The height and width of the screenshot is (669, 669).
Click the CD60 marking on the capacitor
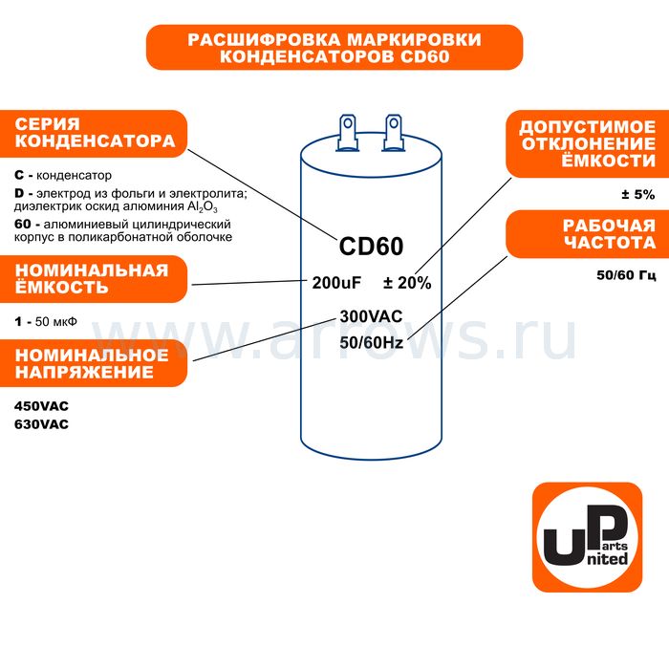click(371, 247)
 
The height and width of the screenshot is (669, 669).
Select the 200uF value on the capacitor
click(336, 283)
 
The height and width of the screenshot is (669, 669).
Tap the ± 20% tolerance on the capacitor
click(407, 283)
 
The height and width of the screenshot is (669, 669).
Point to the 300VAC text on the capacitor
click(371, 316)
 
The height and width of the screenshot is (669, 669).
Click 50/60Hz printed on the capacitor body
click(371, 342)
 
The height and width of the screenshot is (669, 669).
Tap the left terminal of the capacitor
click(347, 132)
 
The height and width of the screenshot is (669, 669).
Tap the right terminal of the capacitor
click(393, 132)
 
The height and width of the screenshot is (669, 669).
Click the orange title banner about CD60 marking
click(334, 48)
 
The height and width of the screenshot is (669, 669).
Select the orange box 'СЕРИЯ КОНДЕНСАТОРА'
click(94, 134)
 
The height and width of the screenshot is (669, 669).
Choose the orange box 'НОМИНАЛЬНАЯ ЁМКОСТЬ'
click(94, 279)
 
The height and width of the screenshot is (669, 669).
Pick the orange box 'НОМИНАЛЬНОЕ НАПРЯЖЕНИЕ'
click(94, 363)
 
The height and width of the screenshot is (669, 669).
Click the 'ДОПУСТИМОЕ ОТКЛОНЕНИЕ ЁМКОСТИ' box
click(587, 143)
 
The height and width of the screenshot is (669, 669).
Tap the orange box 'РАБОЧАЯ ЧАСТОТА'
click(587, 234)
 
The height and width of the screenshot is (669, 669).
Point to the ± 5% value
click(637, 195)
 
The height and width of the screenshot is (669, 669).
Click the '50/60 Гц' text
click(626, 275)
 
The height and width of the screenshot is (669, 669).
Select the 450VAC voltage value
click(41, 406)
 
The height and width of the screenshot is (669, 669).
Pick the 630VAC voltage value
click(41, 424)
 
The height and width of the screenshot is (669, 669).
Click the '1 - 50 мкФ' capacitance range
click(46, 321)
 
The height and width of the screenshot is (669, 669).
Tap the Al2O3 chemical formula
click(203, 207)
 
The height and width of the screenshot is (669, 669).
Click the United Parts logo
click(587, 537)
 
